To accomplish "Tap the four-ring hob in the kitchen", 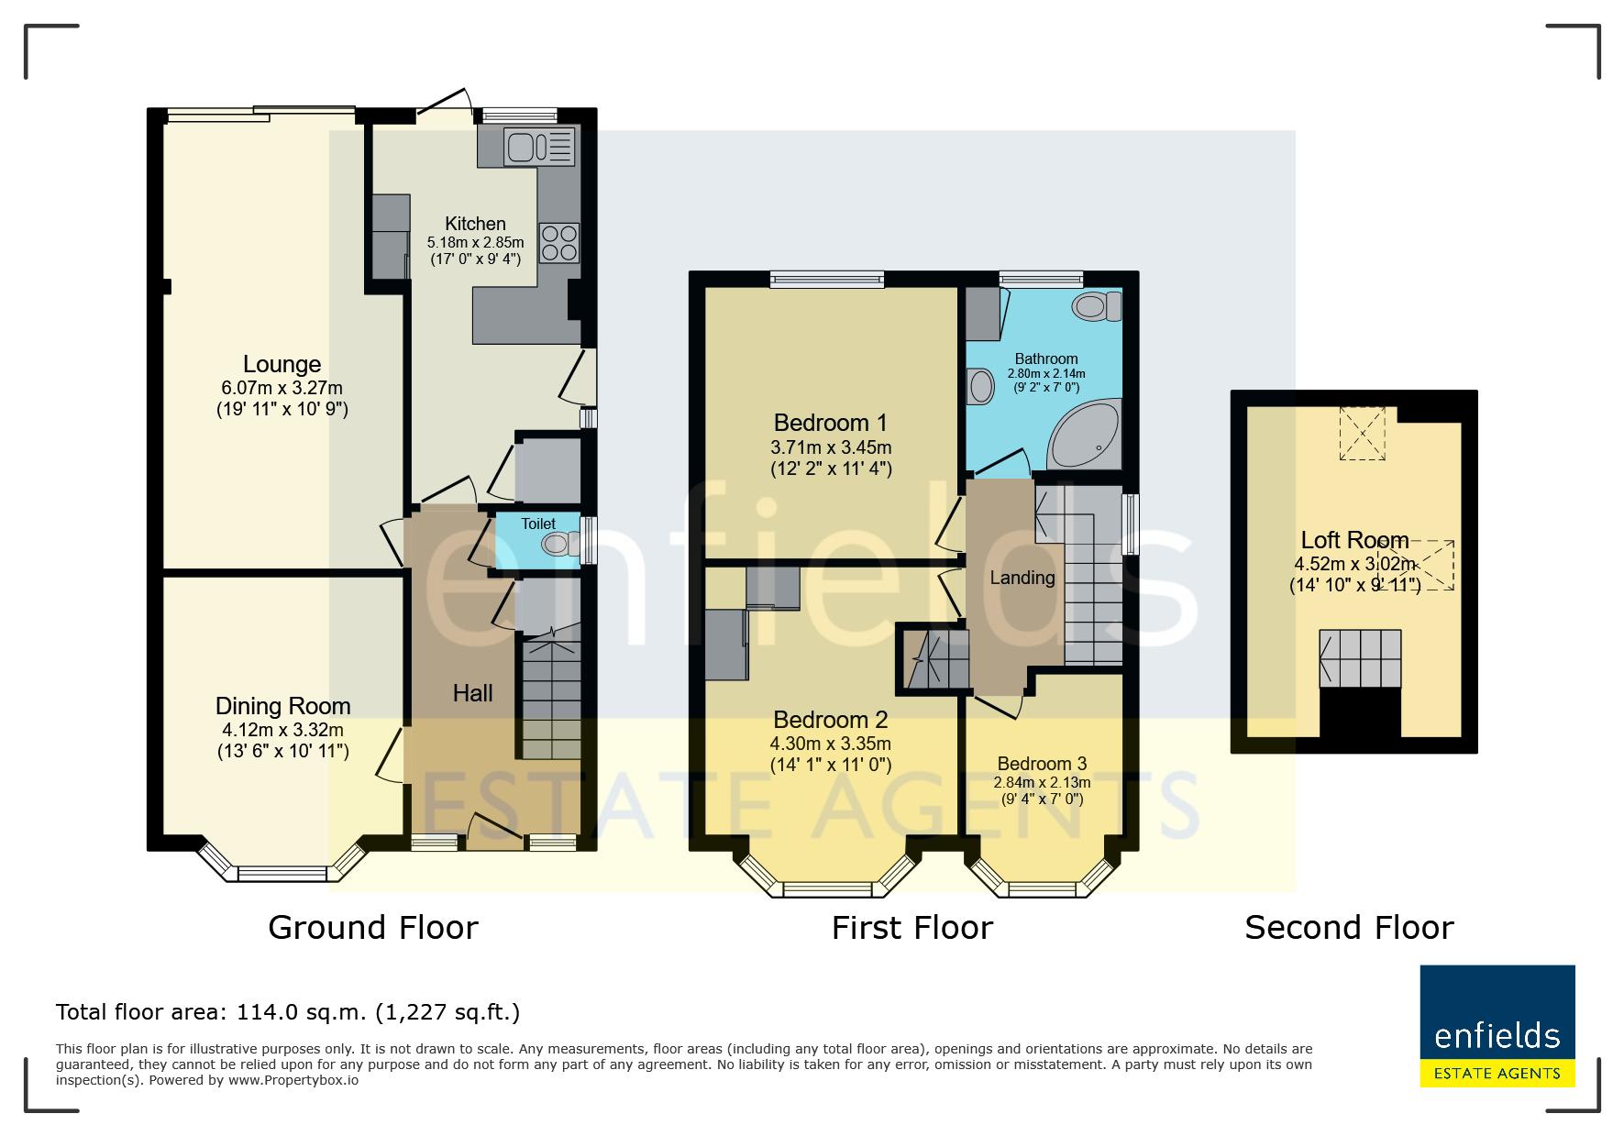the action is (x=559, y=243).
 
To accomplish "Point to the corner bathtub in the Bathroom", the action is (x=1086, y=436).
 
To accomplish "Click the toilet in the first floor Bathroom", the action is (x=1098, y=305).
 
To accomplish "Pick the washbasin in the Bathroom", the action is (x=980, y=386).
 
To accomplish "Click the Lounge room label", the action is (x=282, y=364).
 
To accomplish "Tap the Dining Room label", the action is (x=282, y=706).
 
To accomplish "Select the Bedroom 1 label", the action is (x=831, y=423).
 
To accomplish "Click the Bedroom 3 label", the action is (x=1042, y=764).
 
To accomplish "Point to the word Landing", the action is (x=1022, y=578).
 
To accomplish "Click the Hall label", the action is (x=473, y=693).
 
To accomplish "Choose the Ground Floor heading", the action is (x=373, y=928).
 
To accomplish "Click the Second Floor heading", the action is (x=1349, y=928).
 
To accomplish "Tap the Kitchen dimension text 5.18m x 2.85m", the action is (x=475, y=243).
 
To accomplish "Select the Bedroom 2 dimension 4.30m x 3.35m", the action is (x=831, y=744).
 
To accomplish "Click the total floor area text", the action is (x=288, y=1012).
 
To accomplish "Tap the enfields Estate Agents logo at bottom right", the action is (x=1497, y=1026).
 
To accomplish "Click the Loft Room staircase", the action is (x=1361, y=658).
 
